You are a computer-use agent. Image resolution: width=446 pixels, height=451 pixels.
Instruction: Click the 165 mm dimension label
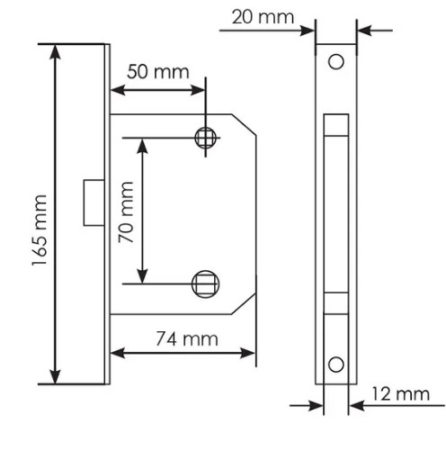pos(40,230)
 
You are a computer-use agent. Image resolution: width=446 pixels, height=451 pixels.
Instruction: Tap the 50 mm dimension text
pos(158,72)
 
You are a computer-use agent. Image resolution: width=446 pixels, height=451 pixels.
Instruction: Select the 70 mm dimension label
pos(126,212)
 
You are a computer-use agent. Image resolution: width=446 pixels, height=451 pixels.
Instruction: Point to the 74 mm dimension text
pos(187,339)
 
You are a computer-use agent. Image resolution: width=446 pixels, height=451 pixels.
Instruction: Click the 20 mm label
pos(263,17)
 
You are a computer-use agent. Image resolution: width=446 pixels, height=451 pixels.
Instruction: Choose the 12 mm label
pos(400,393)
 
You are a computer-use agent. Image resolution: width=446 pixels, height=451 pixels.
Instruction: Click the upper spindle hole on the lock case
pos(206,138)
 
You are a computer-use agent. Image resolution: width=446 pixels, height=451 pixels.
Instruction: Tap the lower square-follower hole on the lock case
pos(206,284)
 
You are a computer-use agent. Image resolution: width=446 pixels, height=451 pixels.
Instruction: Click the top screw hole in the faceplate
pos(336,62)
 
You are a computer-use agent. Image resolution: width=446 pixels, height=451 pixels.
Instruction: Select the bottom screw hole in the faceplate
pos(336,365)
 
